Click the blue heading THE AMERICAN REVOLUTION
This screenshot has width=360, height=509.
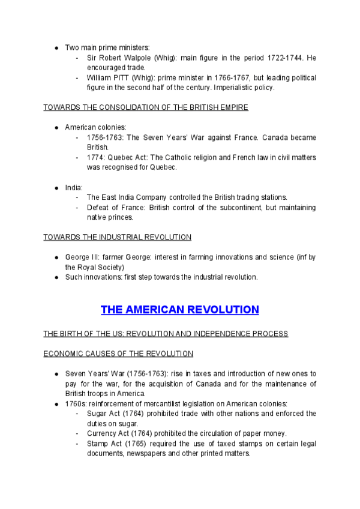pyautogui.click(x=179, y=310)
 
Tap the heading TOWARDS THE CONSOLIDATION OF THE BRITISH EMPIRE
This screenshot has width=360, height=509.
pyautogui.click(x=146, y=107)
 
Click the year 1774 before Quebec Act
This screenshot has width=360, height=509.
pyautogui.click(x=95, y=158)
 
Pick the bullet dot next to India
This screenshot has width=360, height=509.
pyautogui.click(x=56, y=188)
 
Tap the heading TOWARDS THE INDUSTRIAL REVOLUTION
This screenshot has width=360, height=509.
pyautogui.click(x=118, y=237)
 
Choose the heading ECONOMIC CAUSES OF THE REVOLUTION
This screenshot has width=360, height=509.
pyautogui.click(x=118, y=354)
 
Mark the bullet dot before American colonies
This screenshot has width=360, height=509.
pyautogui.click(x=56, y=128)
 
